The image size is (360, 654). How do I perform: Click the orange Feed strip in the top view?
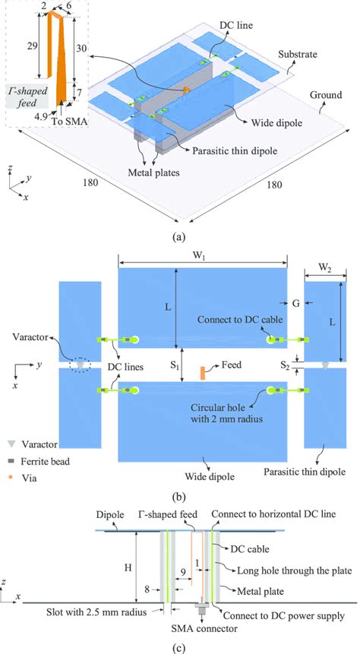pyautogui.click(x=203, y=372)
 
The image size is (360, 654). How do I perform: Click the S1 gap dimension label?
pyautogui.click(x=175, y=366)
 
